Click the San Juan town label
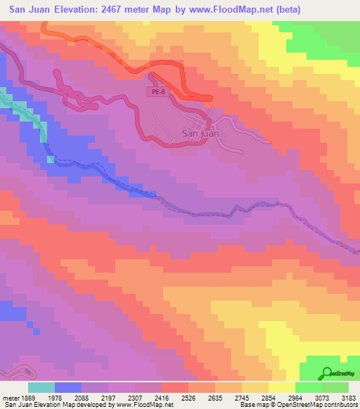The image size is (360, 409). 200,133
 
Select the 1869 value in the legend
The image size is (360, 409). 20,397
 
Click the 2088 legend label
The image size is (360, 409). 82,397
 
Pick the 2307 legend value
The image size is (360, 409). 135,397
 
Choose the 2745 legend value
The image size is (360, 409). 243,397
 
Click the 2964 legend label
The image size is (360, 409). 296,397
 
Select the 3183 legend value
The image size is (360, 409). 349,397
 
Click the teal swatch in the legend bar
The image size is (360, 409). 41,387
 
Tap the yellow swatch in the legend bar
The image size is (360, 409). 282,387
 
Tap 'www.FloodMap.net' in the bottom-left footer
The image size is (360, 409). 129,405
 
